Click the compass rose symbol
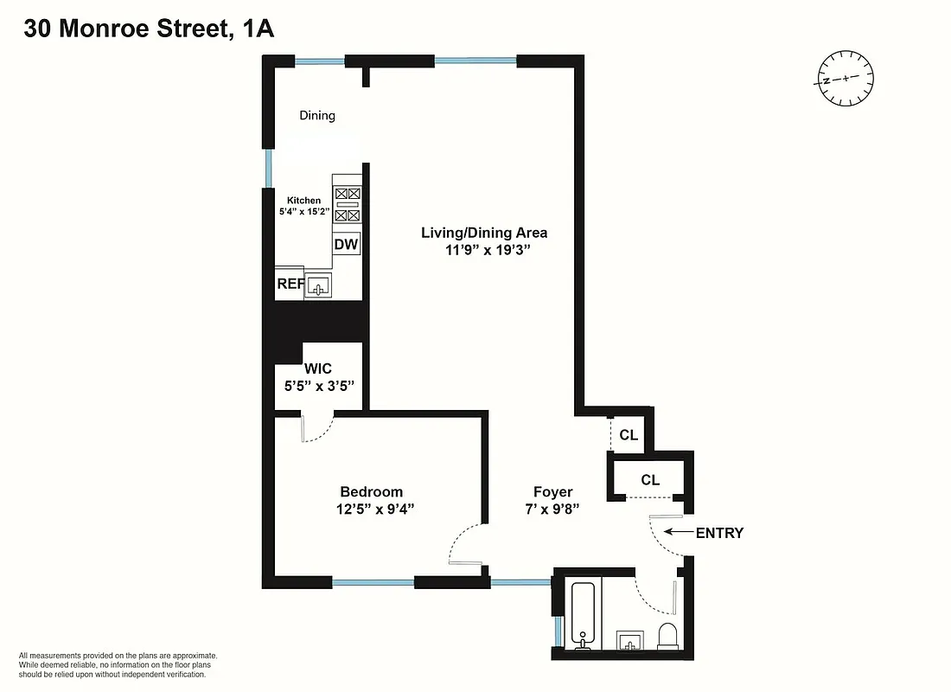(843, 80)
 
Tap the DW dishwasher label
(346, 245)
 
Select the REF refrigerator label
(289, 284)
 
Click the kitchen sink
(320, 285)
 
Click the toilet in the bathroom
(667, 635)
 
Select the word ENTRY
(719, 533)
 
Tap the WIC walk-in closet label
(317, 369)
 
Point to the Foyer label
(552, 492)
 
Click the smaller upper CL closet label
(629, 435)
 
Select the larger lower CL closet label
(650, 480)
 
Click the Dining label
(317, 115)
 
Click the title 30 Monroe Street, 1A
(149, 29)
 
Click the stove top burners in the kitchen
(347, 205)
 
